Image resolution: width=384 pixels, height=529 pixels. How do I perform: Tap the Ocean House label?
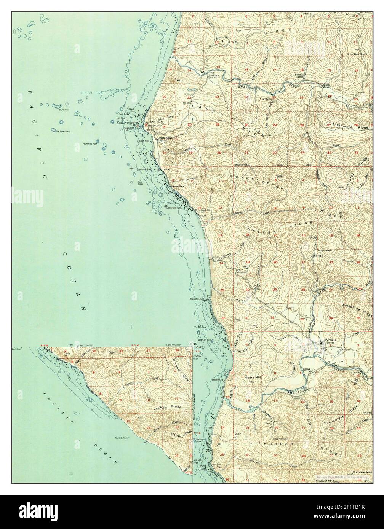tap(167, 138)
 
